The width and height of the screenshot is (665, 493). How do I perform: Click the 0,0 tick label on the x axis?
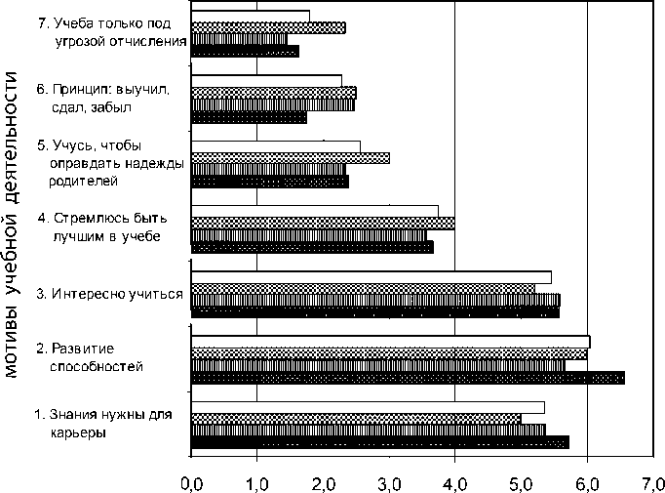(x=191, y=481)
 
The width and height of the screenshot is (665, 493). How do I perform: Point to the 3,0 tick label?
(x=389, y=481)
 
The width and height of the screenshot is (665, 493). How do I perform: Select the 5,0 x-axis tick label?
(x=521, y=481)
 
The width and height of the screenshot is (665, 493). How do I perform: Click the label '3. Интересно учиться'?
(x=109, y=293)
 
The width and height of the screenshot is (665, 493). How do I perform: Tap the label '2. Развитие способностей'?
(x=90, y=356)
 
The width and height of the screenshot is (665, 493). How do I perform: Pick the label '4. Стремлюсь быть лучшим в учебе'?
(x=104, y=226)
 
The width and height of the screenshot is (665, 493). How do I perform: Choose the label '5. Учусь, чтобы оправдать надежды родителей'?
(x=109, y=162)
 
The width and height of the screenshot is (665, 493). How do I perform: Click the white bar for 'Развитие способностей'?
(x=390, y=341)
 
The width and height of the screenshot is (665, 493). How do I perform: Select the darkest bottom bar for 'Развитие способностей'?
(x=408, y=378)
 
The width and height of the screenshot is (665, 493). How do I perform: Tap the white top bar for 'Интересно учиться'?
(x=371, y=276)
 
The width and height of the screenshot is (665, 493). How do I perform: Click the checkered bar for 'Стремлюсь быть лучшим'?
(x=323, y=224)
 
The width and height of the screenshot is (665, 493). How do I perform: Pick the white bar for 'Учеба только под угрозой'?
(x=251, y=16)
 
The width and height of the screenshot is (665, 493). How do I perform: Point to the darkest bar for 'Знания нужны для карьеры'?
(x=379, y=442)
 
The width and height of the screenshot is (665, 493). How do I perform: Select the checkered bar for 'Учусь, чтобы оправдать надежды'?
(x=290, y=158)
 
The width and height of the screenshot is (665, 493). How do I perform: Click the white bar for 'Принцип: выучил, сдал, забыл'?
(x=266, y=80)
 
